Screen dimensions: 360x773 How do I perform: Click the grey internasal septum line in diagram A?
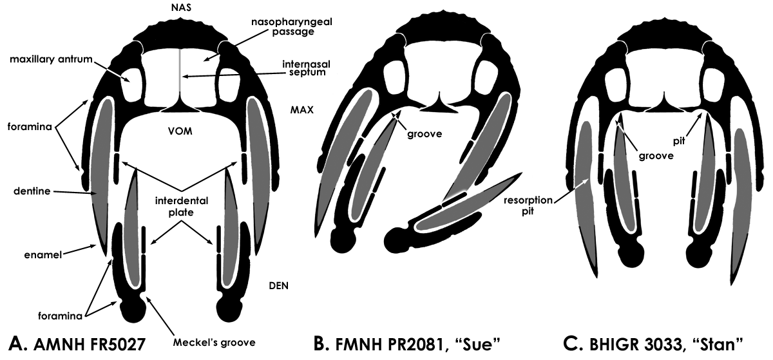tap(180, 77)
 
